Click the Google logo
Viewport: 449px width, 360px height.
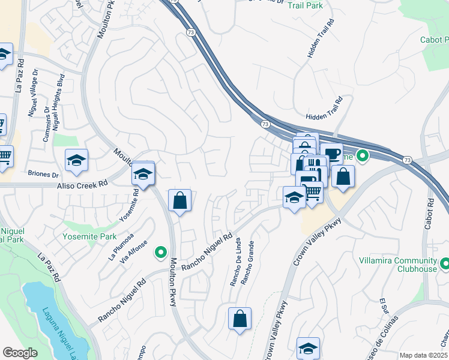20,353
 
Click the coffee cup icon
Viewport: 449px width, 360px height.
331,153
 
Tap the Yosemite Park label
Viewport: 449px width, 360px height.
89,236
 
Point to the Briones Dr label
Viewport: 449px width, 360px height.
43,175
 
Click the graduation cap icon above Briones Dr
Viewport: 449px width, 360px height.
76,160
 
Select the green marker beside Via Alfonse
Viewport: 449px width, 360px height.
160,253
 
